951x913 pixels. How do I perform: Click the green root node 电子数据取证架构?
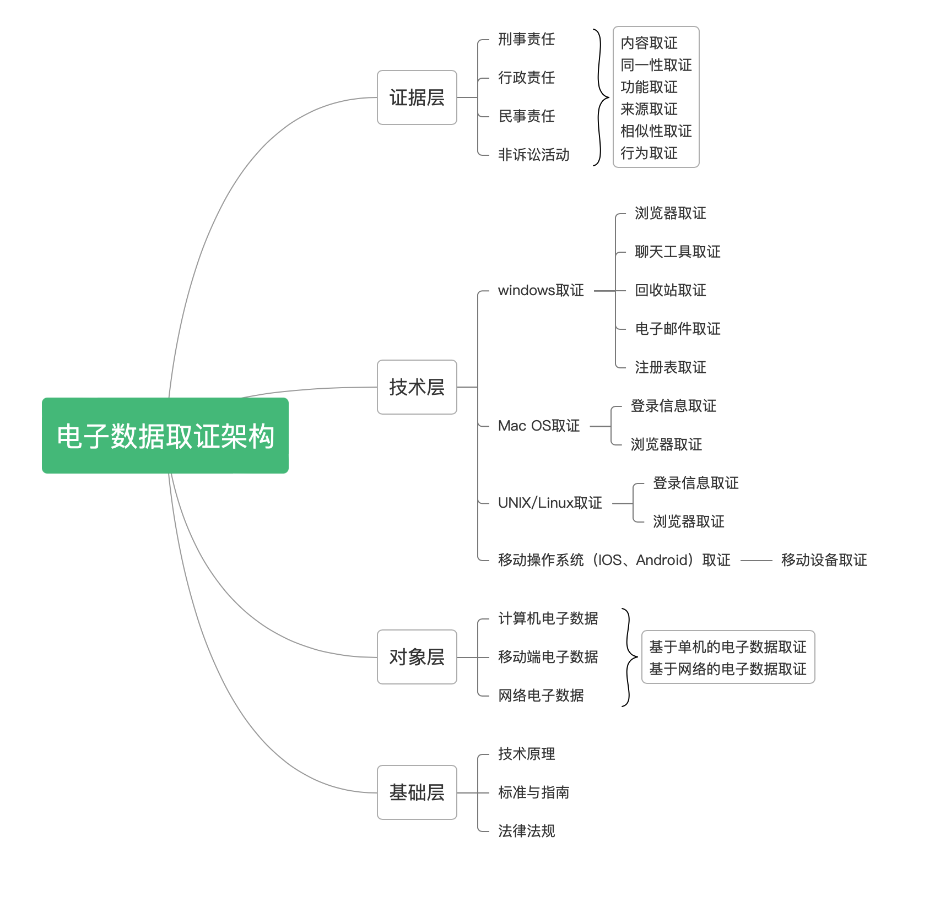point(165,436)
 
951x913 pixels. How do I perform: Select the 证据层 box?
point(417,97)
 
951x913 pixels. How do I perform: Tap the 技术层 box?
point(417,387)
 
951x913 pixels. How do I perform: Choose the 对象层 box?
point(417,657)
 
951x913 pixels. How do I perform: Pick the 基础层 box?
point(417,792)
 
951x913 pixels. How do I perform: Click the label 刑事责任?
point(526,39)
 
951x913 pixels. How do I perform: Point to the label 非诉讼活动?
point(533,155)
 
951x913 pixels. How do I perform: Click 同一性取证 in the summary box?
point(656,65)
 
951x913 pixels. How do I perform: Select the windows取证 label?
point(541,290)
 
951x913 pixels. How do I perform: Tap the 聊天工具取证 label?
point(677,252)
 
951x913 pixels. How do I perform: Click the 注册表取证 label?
point(670,367)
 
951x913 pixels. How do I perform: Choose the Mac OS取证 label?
point(538,426)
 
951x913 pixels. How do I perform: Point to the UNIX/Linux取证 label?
point(549,503)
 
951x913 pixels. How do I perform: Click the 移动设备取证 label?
point(824,560)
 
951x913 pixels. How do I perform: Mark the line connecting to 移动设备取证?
point(756,561)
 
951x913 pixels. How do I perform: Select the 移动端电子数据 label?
point(548,657)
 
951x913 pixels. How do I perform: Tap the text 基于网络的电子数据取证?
point(727,669)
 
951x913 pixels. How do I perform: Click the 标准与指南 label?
point(533,792)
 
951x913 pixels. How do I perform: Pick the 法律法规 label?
point(526,831)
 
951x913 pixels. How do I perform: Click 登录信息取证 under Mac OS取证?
point(673,406)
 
